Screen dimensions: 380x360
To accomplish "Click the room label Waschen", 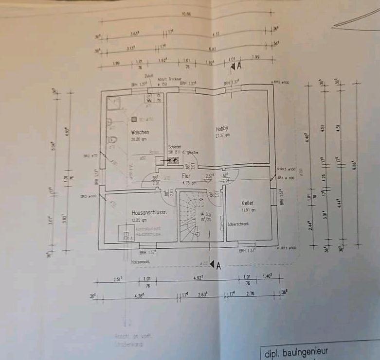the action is point(140,132).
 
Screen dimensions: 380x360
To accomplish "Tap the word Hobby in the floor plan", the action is point(222,128).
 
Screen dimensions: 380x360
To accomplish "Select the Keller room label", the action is point(248,203).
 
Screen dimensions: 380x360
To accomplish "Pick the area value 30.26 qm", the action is point(139,139).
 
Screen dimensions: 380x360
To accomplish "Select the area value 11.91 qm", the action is point(249,210).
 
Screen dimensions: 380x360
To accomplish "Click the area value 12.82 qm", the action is point(139,220).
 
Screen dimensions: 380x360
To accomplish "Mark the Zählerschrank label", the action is point(238,224).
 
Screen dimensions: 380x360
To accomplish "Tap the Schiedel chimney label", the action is point(175,147).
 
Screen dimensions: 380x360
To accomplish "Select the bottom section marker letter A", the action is point(218,265).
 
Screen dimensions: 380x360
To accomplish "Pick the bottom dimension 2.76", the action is point(251,294).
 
